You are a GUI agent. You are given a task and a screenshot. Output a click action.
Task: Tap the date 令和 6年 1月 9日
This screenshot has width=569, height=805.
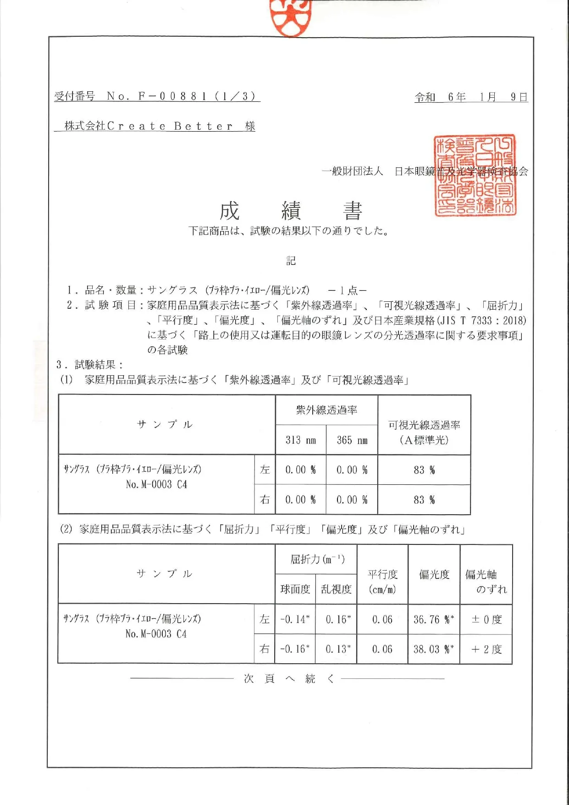tap(471, 97)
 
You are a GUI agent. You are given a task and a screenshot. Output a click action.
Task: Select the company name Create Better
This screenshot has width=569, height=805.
tap(170, 126)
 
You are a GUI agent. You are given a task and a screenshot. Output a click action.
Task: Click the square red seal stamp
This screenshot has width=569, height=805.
tap(475, 175)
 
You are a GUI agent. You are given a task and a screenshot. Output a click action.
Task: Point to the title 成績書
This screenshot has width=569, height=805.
tap(291, 211)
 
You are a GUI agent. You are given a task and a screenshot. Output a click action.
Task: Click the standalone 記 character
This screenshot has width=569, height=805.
tap(291, 261)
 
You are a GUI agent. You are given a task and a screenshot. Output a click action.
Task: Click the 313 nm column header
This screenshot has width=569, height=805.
tap(301, 440)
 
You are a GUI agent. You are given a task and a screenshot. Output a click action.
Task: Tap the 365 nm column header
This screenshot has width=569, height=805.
tap(352, 440)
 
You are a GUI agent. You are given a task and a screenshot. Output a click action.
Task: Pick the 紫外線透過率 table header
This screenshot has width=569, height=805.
tap(326, 410)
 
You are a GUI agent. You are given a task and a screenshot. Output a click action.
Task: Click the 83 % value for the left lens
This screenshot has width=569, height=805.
tap(424, 470)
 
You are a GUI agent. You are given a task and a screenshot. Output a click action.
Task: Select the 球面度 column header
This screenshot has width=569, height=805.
tap(295, 589)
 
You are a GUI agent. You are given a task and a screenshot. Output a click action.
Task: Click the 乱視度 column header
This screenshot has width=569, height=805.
tap(336, 589)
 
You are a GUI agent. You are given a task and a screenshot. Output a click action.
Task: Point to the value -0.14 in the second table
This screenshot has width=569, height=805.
tap(295, 620)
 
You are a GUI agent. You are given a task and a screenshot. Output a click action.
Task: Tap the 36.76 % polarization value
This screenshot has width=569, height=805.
tap(433, 620)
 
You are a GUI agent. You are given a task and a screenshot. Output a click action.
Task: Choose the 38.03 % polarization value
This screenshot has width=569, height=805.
tap(433, 650)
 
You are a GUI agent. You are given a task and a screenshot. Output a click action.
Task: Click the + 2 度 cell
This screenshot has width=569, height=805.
tap(486, 650)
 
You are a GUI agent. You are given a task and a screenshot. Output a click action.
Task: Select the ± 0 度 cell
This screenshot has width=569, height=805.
tap(486, 620)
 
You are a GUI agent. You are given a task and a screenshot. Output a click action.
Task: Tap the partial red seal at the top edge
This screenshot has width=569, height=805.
tap(291, 17)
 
